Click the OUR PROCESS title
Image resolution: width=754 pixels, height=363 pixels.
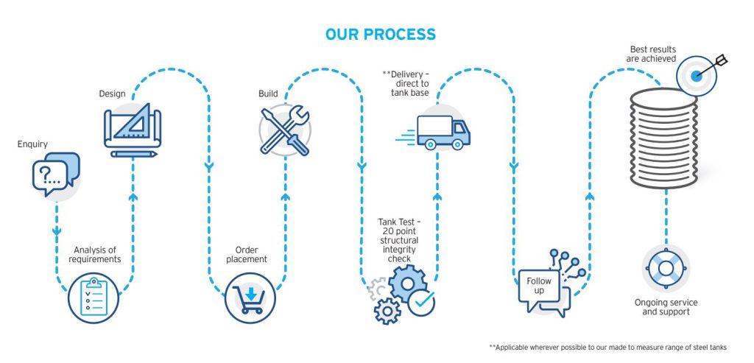[x=380, y=35]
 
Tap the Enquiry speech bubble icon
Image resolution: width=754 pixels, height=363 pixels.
[x=55, y=174]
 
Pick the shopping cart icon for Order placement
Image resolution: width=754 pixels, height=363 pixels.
[x=249, y=296]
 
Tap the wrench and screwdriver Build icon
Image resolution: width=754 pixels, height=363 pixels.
[x=285, y=130]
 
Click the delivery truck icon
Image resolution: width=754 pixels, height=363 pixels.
[x=441, y=131]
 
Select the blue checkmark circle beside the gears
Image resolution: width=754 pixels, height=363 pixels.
[x=421, y=303]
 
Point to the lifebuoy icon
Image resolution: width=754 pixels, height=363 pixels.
[x=665, y=268]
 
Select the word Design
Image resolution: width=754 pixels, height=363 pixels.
[x=112, y=94]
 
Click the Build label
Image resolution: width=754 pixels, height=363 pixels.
[x=268, y=94]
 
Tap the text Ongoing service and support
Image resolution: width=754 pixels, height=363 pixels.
[x=666, y=307]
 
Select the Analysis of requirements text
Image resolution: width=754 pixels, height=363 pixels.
[x=94, y=254]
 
